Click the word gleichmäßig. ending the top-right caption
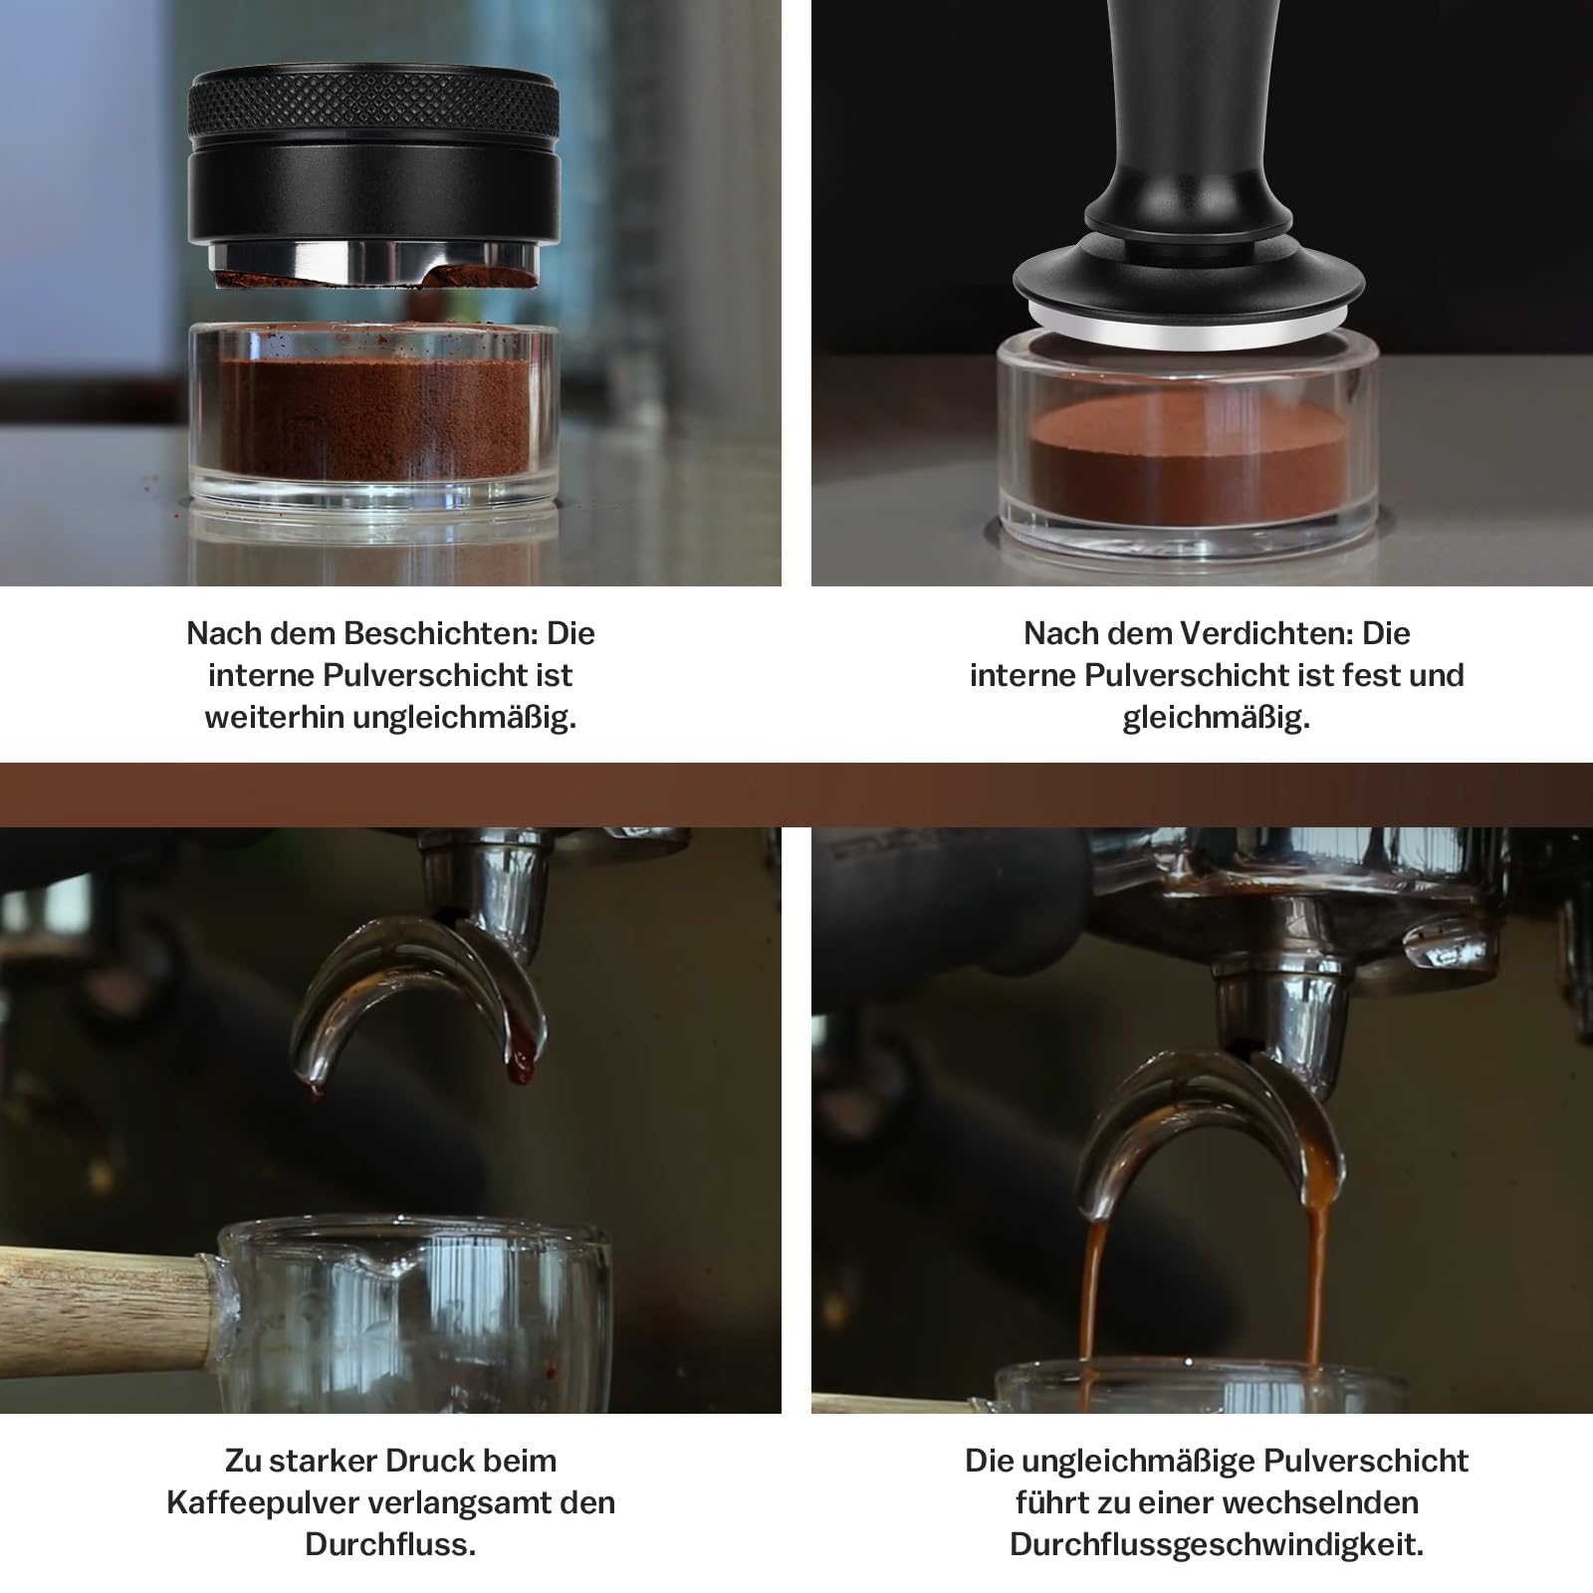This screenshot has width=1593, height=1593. click(1217, 719)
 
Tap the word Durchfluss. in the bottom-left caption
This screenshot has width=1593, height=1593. click(390, 1545)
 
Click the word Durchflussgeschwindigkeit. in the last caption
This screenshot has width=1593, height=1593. click(1217, 1545)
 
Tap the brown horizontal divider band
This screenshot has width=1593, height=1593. click(796, 795)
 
